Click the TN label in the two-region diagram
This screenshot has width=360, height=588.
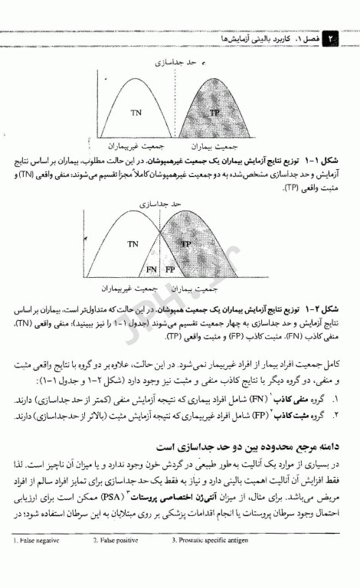click(136, 113)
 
